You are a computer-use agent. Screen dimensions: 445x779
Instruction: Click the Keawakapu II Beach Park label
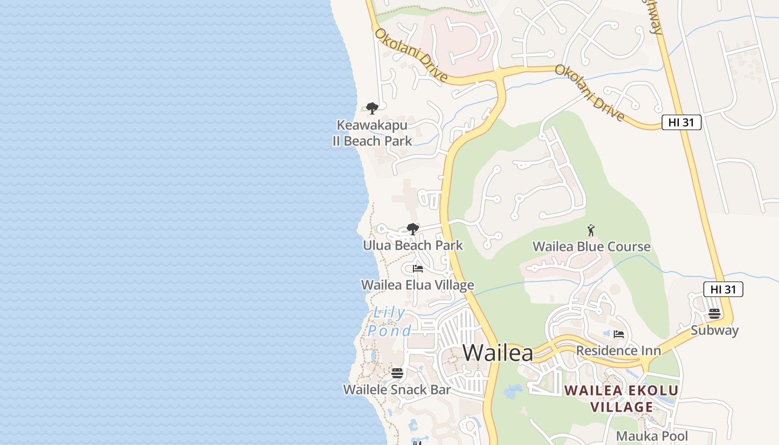(x=372, y=133)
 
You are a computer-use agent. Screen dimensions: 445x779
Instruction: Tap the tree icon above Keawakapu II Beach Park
(x=372, y=108)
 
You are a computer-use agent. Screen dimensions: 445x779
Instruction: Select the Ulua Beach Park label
(x=413, y=245)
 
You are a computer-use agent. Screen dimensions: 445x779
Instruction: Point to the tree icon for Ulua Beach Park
(x=413, y=229)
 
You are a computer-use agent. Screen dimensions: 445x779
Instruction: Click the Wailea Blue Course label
(x=591, y=246)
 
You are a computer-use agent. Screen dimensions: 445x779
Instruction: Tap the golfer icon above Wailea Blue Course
(x=591, y=230)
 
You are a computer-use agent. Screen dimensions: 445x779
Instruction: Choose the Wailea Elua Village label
(x=417, y=285)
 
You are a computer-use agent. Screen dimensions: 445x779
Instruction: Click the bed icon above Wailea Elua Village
(x=418, y=269)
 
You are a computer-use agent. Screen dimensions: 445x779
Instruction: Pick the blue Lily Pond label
(x=389, y=322)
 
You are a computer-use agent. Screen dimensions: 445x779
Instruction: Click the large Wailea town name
(x=497, y=353)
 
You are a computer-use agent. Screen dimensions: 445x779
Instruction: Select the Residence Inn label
(x=618, y=350)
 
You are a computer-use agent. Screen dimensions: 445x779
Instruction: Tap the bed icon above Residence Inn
(x=619, y=334)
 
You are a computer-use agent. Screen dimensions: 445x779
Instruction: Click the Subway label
(x=714, y=330)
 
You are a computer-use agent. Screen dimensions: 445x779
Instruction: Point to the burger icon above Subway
(x=714, y=314)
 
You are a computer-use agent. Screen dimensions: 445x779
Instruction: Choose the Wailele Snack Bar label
(x=397, y=389)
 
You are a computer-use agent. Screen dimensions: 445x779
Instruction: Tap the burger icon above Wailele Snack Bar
(x=397, y=373)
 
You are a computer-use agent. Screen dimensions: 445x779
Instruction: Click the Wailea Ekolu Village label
(x=622, y=398)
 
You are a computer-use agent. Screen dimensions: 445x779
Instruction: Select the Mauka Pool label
(x=652, y=436)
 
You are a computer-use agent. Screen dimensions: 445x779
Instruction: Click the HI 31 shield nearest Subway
(x=723, y=289)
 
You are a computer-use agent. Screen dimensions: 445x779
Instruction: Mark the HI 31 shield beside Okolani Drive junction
(x=681, y=122)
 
